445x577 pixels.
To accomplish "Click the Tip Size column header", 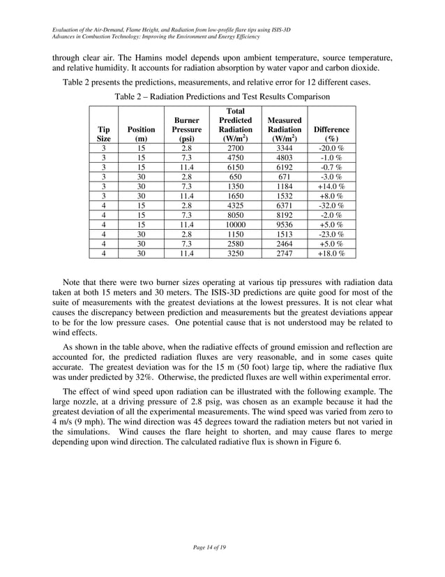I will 103,134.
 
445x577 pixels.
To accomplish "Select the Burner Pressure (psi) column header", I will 187,129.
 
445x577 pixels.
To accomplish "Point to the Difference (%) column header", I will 331,134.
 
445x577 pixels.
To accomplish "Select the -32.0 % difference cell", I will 331,206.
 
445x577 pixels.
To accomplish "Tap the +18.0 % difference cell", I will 331,254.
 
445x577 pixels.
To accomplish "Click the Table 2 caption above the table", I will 222,96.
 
